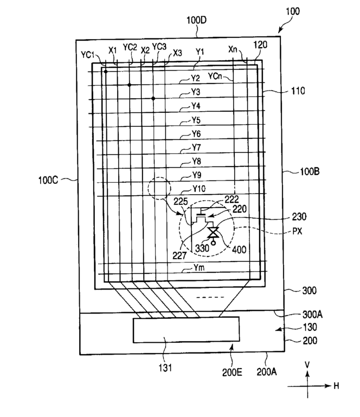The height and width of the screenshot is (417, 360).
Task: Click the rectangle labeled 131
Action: click(x=186, y=330)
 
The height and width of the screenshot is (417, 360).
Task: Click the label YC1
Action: click(x=88, y=55)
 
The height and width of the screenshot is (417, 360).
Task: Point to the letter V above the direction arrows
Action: click(x=307, y=365)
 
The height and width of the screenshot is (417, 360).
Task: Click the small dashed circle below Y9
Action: click(x=158, y=189)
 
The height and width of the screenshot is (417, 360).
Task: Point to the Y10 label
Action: click(x=200, y=189)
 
